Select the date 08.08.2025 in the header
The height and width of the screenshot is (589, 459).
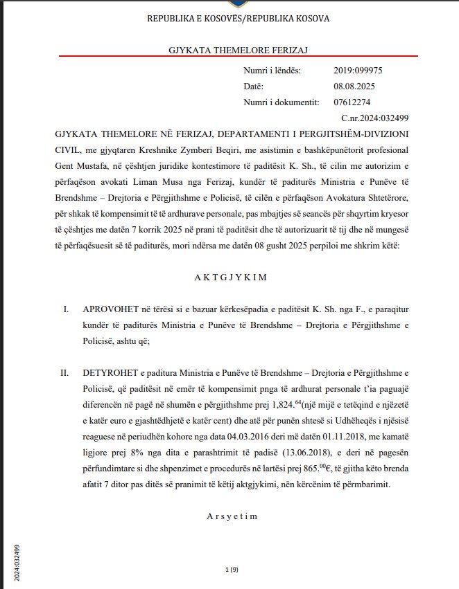tap(354, 87)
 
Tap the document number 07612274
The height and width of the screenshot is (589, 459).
tap(352, 102)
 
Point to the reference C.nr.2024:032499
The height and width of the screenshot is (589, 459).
tap(380, 118)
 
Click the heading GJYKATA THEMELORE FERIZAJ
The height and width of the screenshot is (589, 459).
tap(229, 51)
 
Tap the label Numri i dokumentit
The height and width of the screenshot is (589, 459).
tap(281, 102)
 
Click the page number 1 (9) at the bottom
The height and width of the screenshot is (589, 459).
tap(232, 569)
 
